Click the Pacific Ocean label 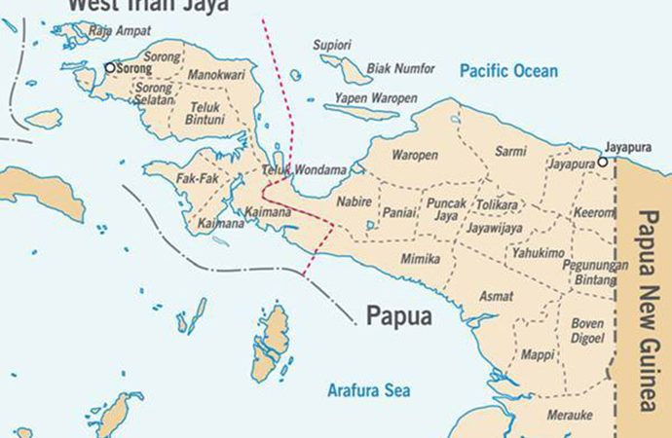click(508, 71)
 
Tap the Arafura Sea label click(368, 390)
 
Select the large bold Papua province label click(398, 316)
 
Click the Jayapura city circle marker click(604, 162)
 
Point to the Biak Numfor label click(399, 69)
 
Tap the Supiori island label click(331, 45)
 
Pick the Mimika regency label click(420, 259)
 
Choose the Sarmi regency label click(510, 151)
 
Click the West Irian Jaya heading click(147, 6)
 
